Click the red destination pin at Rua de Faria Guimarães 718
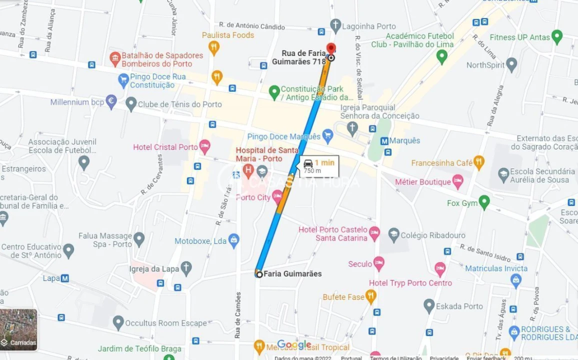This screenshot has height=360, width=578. [330, 49]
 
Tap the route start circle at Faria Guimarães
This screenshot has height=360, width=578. [259, 274]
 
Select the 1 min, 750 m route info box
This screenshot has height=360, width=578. [319, 166]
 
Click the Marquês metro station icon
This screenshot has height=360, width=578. [385, 141]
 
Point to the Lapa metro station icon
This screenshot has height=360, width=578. [64, 278]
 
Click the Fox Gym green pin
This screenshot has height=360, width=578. [483, 202]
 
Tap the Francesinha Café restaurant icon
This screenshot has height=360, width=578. [478, 162]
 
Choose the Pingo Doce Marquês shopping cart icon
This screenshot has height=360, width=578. [327, 135]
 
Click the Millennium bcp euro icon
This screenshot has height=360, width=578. [111, 102]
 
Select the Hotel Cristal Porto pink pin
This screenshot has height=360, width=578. [204, 146]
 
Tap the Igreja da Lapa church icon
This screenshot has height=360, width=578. [186, 268]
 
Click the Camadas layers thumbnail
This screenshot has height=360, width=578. [18, 329]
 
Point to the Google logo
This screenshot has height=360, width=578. [294, 345]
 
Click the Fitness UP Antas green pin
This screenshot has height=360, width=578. [556, 37]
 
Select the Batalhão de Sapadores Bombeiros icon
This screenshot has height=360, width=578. [115, 59]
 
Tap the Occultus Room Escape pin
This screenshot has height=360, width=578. [118, 323]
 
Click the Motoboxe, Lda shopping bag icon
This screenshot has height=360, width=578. [233, 240]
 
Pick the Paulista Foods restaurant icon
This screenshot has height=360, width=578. [214, 47]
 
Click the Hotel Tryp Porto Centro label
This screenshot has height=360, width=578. [410, 283]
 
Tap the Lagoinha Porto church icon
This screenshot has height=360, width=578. [335, 26]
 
